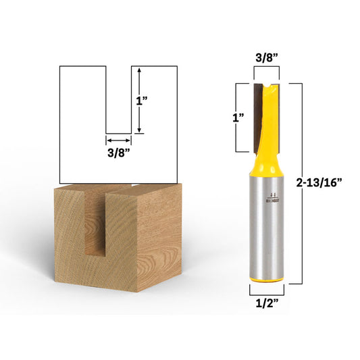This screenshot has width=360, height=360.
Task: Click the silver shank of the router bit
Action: coord(265,223)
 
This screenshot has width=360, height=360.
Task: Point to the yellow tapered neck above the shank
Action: coord(265,167)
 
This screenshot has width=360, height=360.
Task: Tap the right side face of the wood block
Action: coord(159,233)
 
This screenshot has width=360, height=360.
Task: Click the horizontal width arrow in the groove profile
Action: coord(118,140)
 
